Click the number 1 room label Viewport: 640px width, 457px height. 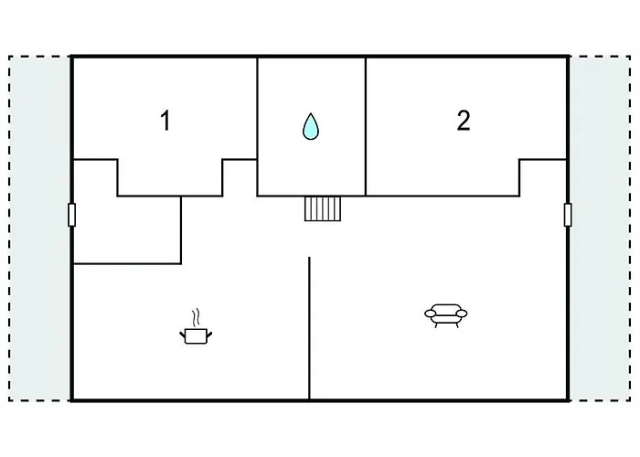[x=165, y=121]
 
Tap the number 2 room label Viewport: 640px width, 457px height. [x=464, y=121]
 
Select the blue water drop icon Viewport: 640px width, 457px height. [x=311, y=126]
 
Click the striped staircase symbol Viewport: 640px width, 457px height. [x=323, y=208]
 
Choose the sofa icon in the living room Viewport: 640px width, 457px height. [x=446, y=315]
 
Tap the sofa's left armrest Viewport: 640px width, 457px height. [x=431, y=314]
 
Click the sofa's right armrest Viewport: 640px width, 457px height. [x=461, y=314]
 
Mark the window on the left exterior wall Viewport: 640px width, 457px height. [x=72, y=215]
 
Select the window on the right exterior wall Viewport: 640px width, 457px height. [x=568, y=215]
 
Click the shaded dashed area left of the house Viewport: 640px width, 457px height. [x=39, y=228]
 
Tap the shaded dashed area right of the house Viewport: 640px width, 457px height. [x=600, y=228]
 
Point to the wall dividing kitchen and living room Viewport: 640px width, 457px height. [x=309, y=328]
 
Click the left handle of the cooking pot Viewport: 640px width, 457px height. [x=183, y=335]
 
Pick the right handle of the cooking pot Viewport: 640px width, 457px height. [x=209, y=335]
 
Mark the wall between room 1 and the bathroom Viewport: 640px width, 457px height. [x=257, y=126]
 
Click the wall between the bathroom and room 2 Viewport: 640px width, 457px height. [x=366, y=126]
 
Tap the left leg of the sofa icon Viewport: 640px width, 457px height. [x=436, y=325]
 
